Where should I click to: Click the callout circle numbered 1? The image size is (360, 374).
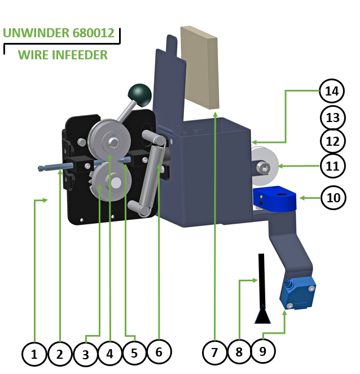(x=34, y=354)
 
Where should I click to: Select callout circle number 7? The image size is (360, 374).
(x=214, y=353)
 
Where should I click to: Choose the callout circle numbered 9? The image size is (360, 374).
(x=262, y=351)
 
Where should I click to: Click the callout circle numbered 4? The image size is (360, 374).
(x=109, y=354)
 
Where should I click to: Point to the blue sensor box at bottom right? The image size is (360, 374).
(x=298, y=292)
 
